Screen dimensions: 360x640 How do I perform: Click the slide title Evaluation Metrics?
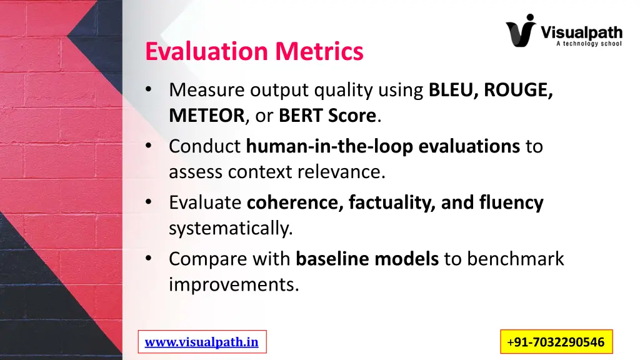click(x=254, y=51)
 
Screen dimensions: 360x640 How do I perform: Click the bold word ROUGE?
click(x=517, y=91)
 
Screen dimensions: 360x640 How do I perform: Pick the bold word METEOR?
click(x=206, y=116)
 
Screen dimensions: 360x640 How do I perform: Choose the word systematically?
click(x=231, y=228)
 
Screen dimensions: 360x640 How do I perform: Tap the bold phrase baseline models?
click(x=367, y=258)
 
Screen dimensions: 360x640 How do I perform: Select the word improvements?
click(x=234, y=284)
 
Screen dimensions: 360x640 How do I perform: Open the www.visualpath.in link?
click(x=201, y=342)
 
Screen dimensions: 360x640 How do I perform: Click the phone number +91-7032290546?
click(x=556, y=342)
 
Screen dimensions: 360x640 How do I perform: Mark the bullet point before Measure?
click(x=148, y=91)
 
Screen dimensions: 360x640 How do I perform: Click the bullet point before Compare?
click(x=148, y=258)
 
